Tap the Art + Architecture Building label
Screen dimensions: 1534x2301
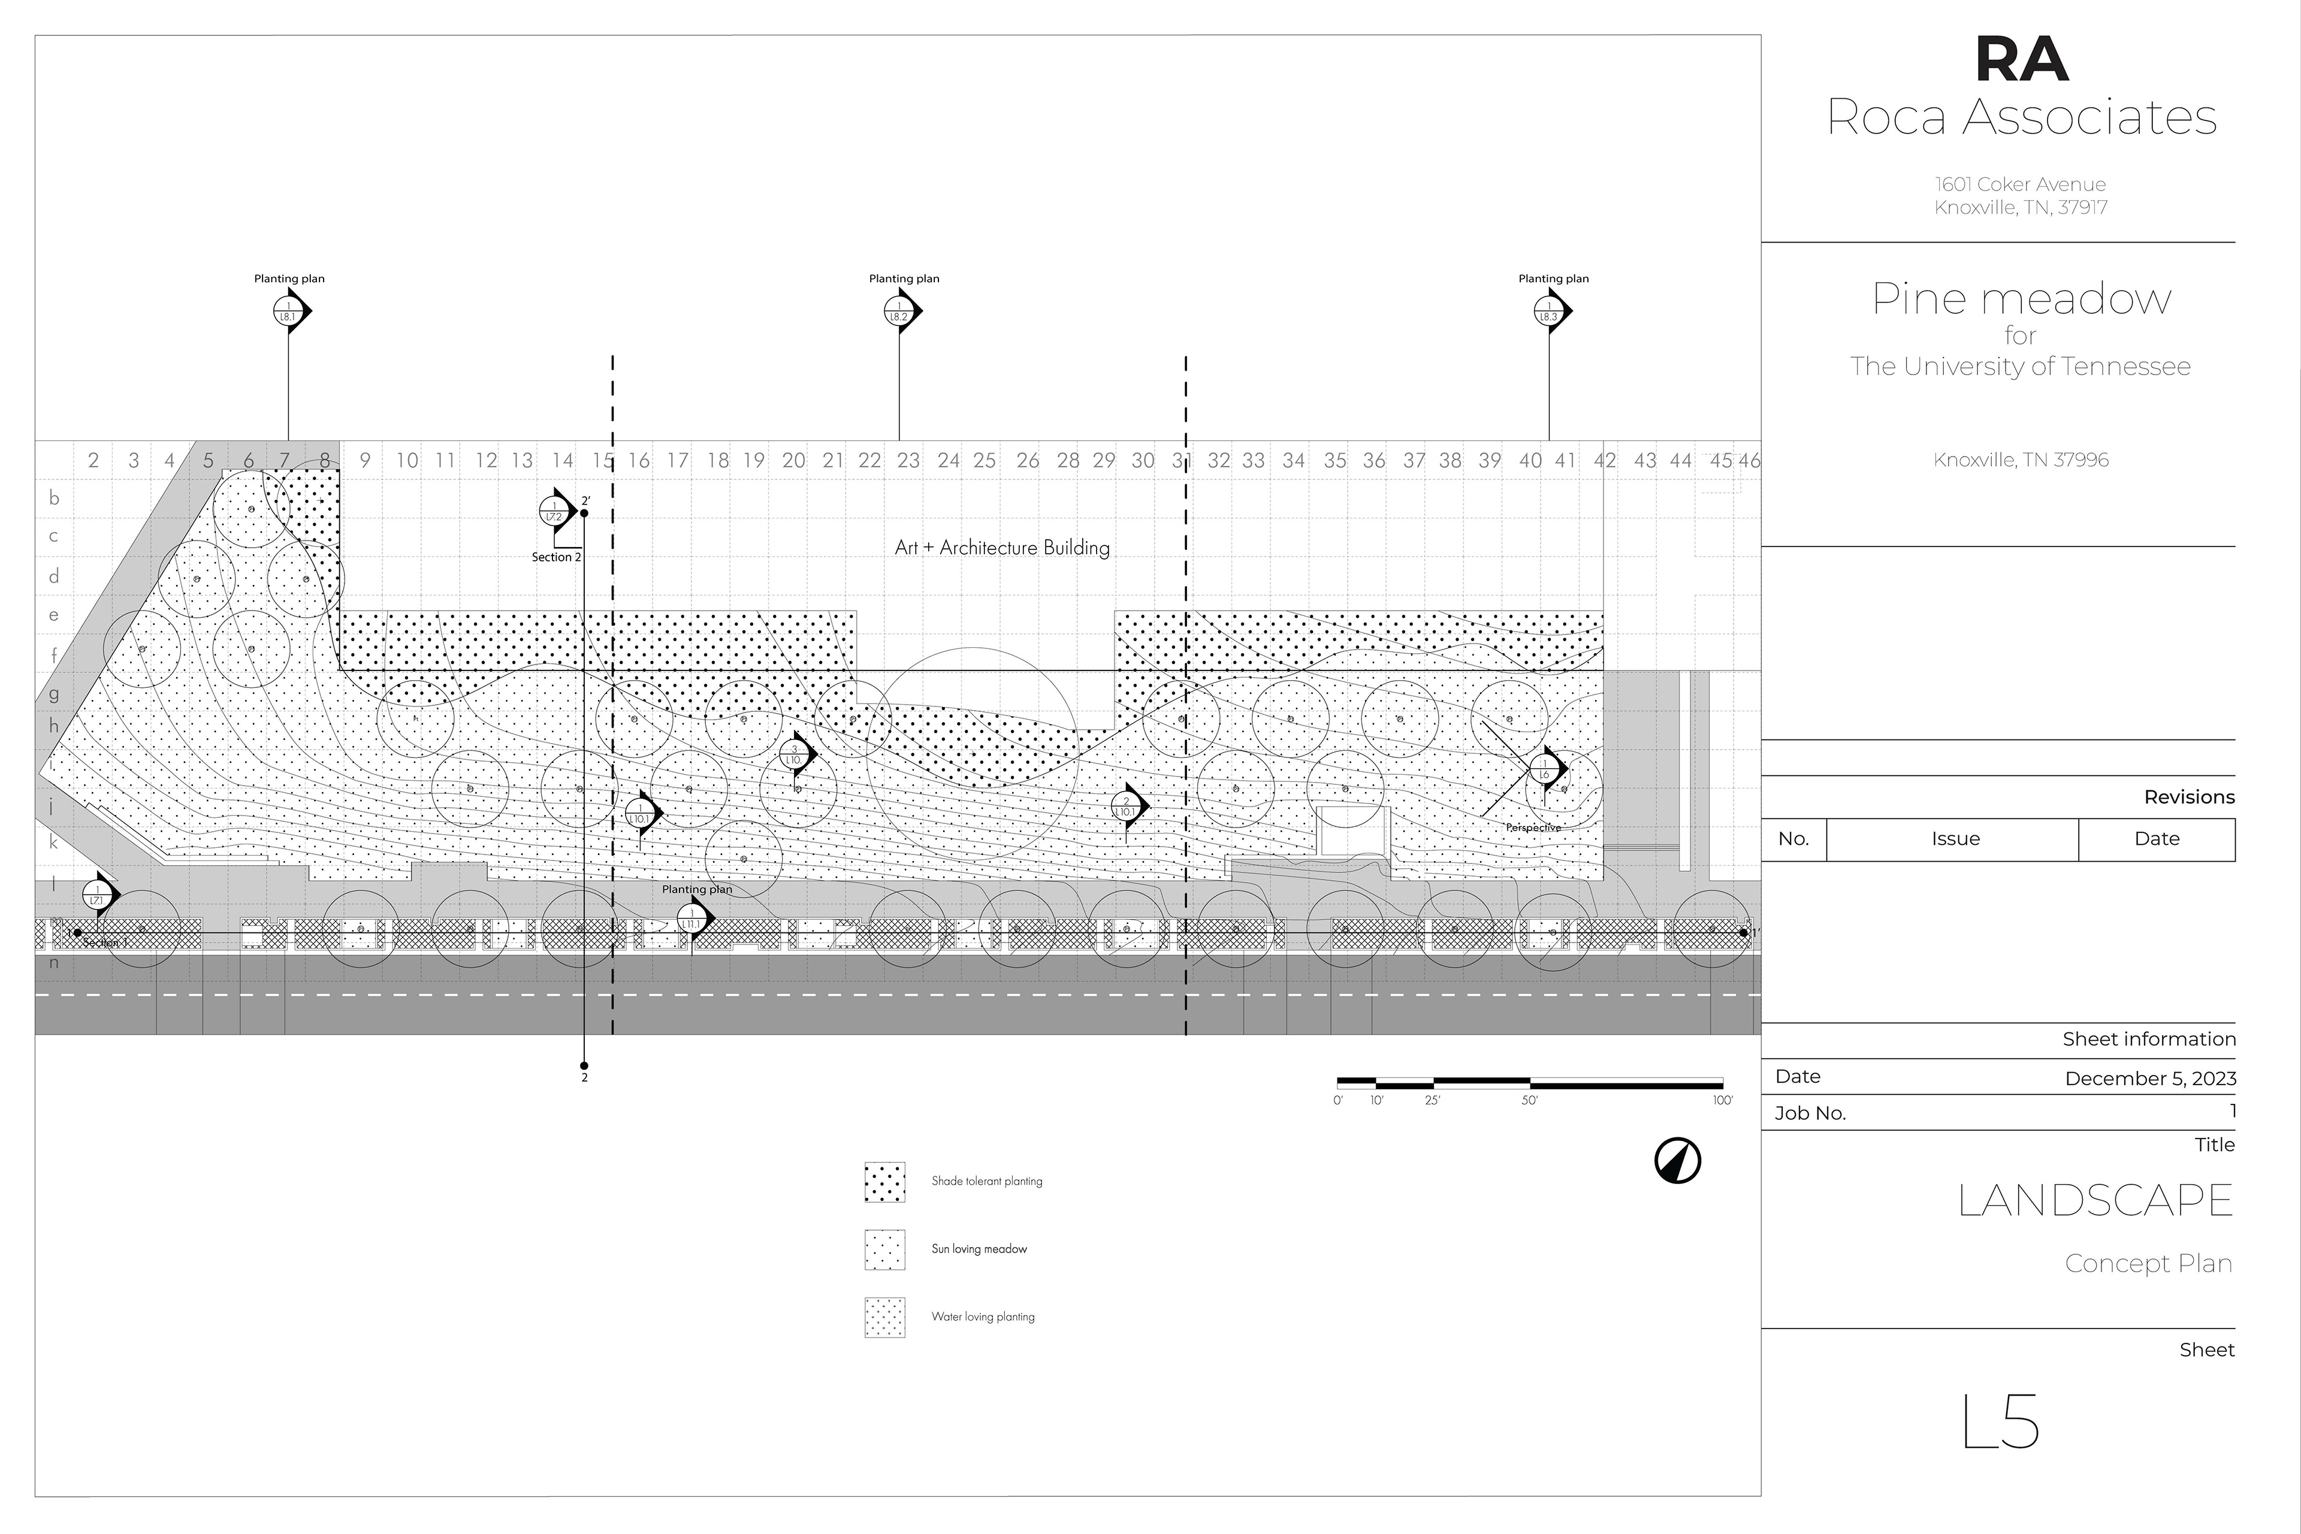1002,548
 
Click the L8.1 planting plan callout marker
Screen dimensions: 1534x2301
289,311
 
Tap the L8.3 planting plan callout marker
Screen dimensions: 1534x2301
1550,311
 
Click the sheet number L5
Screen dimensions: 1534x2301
2001,1421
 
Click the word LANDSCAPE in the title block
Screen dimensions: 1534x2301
2095,1200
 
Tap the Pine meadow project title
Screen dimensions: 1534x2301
2021,298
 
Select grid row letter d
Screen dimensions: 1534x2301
54,576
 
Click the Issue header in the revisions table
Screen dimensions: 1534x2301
1955,838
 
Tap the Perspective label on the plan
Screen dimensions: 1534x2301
1533,828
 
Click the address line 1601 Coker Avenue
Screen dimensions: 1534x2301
2020,184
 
